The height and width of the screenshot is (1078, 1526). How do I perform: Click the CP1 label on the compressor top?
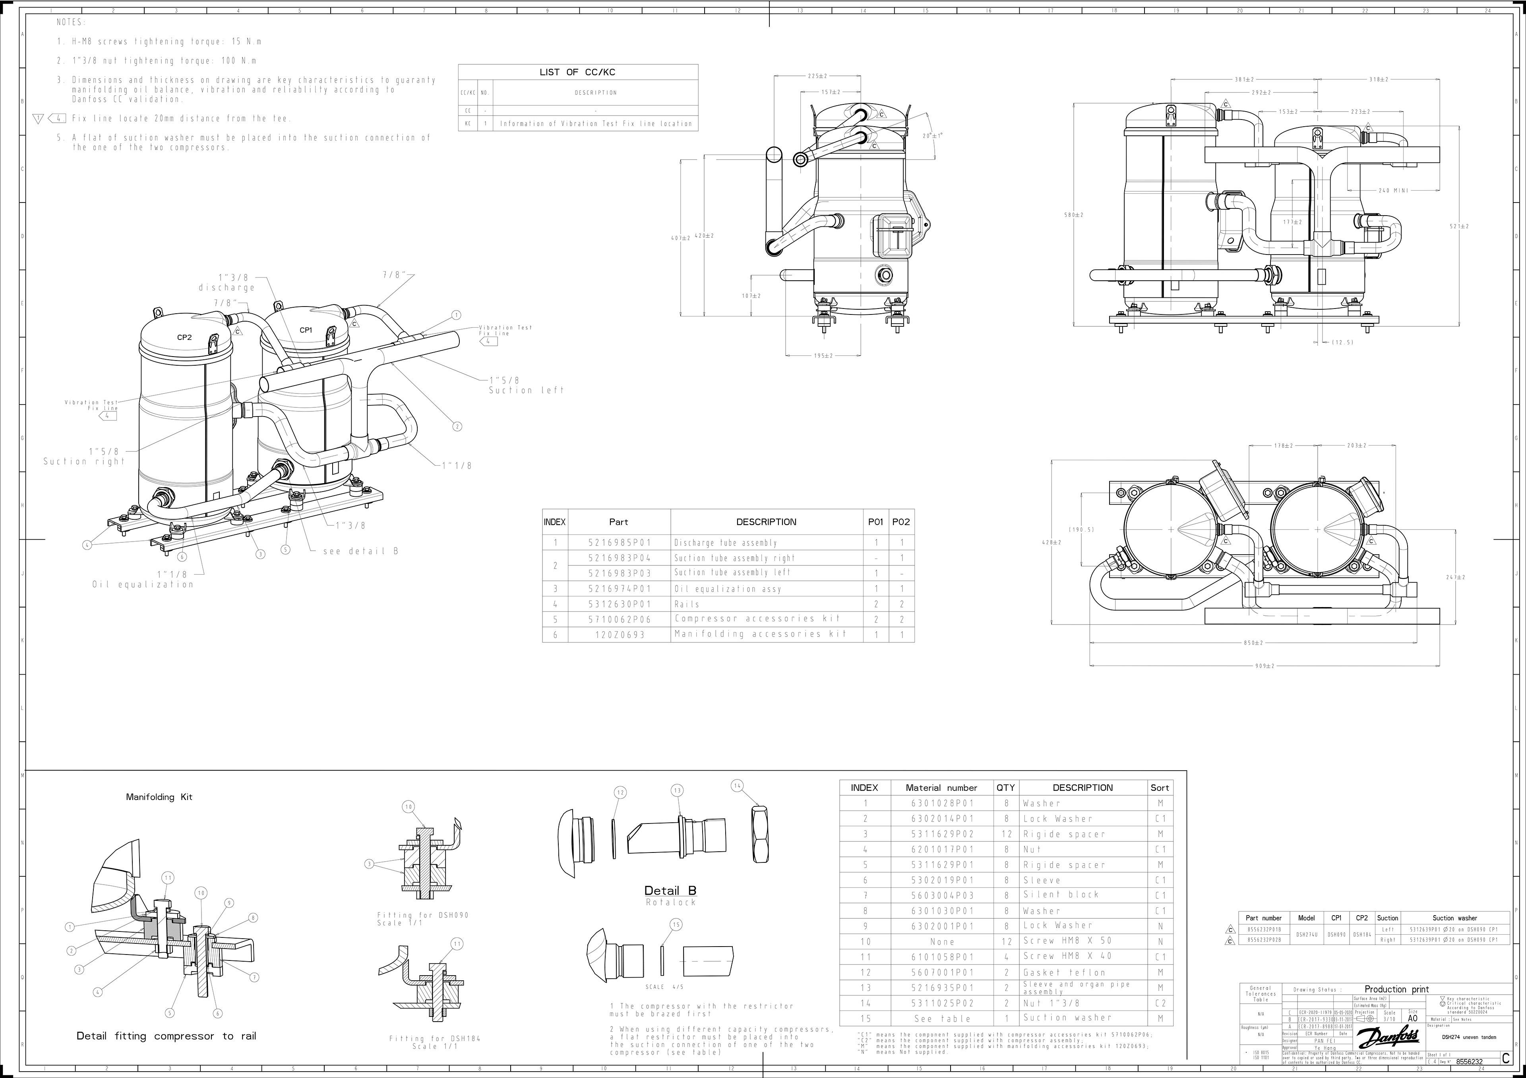coord(306,330)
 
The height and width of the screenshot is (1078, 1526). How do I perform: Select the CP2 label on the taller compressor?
coord(184,337)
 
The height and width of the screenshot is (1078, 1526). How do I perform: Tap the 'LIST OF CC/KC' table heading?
coord(577,72)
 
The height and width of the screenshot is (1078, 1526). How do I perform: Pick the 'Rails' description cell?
coord(687,604)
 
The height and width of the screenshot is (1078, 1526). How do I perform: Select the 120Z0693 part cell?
coord(620,634)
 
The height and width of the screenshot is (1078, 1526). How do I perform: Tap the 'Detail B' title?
coord(670,891)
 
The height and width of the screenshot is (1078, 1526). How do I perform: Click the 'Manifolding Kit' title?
coord(159,797)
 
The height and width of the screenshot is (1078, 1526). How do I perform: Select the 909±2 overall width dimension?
coord(1264,665)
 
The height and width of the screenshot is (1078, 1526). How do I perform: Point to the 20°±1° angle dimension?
coord(932,135)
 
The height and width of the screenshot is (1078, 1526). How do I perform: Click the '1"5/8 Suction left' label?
coord(525,385)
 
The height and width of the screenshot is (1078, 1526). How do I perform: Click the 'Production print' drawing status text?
coord(1396,989)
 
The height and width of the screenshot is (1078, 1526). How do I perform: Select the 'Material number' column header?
coord(941,788)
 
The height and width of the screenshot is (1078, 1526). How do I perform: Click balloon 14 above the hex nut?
coord(737,786)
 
